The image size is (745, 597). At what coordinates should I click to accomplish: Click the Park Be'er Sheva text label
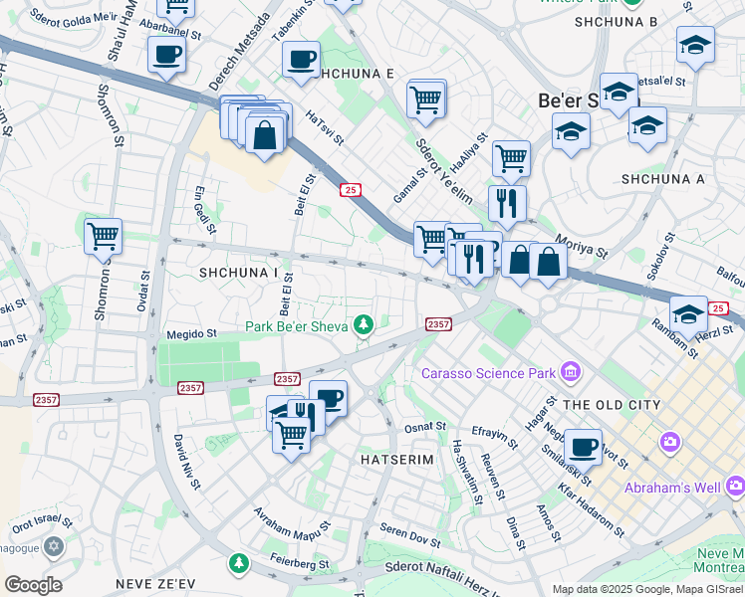tap(297, 326)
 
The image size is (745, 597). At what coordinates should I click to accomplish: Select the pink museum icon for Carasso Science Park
tap(571, 373)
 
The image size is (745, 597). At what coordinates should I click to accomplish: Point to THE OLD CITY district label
tap(612, 405)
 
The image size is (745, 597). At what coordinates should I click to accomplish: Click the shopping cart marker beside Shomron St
tap(104, 238)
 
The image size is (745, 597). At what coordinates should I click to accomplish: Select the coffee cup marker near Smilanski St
tap(583, 446)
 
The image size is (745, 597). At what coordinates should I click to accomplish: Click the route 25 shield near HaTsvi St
tap(350, 189)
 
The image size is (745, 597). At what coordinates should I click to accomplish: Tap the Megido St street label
tap(191, 334)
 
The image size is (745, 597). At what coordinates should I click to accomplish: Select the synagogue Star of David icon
tap(54, 546)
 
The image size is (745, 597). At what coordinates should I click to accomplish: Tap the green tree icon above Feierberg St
tap(239, 564)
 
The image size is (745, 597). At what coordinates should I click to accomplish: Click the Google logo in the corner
tap(33, 584)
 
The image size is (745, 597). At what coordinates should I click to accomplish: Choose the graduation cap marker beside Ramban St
tap(688, 314)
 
